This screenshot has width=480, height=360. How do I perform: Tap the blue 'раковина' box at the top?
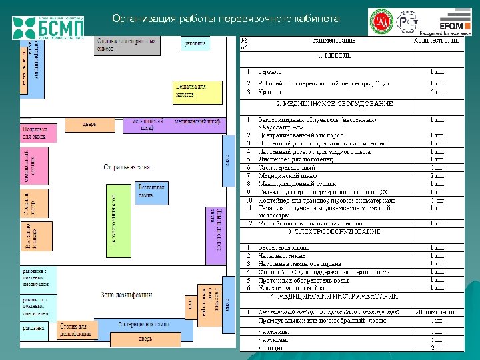[195, 43]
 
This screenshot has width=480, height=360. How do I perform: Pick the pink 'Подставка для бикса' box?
[39, 133]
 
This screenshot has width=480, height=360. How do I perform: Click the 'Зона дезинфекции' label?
[127, 294]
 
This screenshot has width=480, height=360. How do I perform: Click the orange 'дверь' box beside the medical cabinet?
[89, 124]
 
